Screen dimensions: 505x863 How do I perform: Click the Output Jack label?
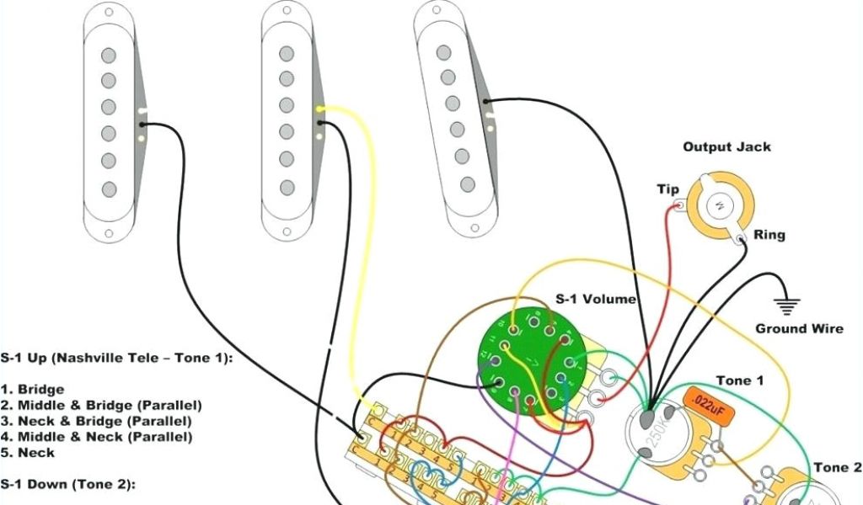726,147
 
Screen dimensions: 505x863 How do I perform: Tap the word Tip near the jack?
667,189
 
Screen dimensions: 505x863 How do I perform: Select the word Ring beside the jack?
769,235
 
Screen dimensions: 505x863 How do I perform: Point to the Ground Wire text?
798,328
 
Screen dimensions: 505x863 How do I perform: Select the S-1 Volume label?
595,299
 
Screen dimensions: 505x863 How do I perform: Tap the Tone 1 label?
739,380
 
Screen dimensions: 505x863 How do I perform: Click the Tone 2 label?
837,468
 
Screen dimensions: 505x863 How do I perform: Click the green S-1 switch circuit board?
527,357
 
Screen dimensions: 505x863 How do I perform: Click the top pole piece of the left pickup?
108,56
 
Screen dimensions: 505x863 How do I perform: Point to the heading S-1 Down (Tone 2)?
67,484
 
